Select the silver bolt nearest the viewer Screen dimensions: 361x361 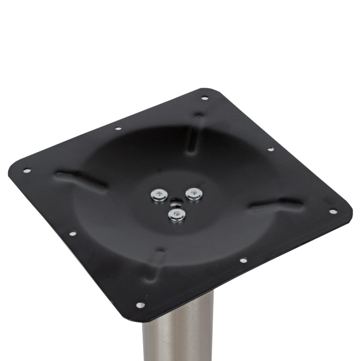[x=176, y=214]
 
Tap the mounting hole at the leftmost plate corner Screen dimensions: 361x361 [x=27, y=170]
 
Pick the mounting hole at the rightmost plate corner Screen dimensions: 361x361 [x=333, y=211]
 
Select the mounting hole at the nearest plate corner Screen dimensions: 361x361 [x=140, y=305]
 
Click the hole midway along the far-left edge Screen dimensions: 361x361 [x=118, y=128]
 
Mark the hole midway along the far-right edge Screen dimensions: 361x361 [x=270, y=148]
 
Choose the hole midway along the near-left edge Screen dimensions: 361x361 [x=72, y=233]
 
